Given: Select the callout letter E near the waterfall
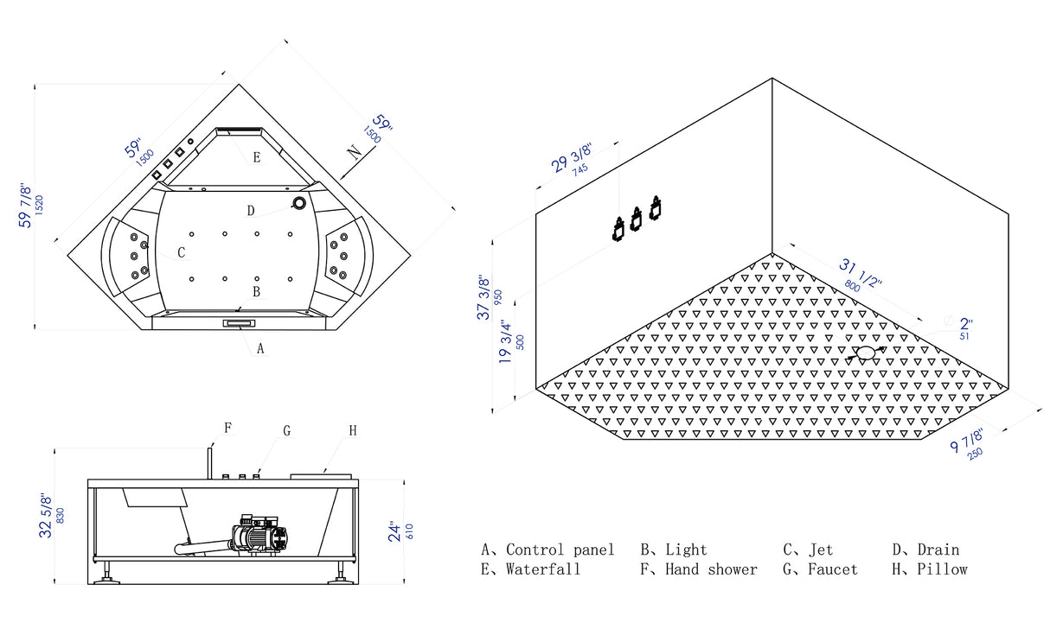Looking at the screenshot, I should tap(256, 157).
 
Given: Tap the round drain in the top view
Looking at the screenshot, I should tap(299, 204).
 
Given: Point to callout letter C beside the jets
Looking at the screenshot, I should tap(182, 252).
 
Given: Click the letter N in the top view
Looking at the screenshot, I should tap(355, 152).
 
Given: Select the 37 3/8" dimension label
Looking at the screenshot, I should tap(484, 299).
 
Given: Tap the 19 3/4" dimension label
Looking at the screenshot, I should tap(506, 344).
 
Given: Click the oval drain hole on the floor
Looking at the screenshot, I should tap(866, 353).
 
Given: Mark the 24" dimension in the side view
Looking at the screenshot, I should tap(394, 530).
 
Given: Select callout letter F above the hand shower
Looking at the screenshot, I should tap(228, 427).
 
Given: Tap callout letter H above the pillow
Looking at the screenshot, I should tap(353, 430).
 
